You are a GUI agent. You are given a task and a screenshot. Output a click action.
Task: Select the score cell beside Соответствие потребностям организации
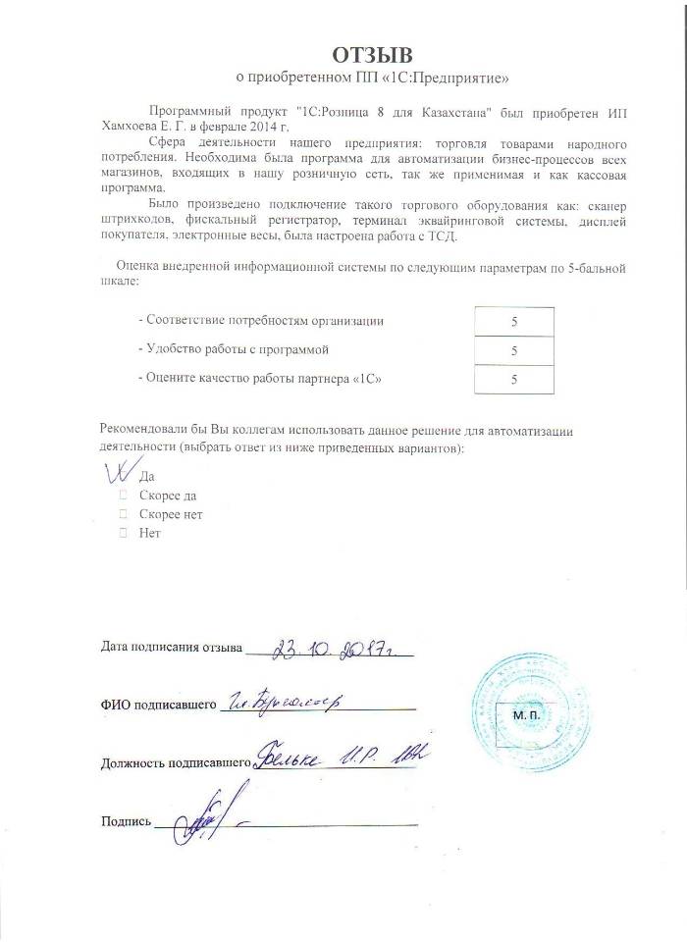(x=514, y=321)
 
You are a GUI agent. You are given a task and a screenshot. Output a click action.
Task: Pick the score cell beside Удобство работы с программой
(x=514, y=350)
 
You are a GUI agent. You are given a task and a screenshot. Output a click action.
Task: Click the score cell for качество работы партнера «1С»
(x=514, y=379)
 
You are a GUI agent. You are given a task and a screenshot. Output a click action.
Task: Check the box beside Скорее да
(x=124, y=496)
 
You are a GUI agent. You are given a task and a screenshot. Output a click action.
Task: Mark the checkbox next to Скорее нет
(x=124, y=514)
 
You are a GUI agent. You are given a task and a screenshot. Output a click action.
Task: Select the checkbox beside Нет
(x=124, y=533)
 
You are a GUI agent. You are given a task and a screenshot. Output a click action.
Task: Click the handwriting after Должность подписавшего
(x=343, y=757)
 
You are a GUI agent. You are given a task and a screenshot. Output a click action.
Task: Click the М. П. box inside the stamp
(x=526, y=718)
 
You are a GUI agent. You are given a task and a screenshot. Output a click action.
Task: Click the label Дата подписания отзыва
(x=171, y=649)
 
